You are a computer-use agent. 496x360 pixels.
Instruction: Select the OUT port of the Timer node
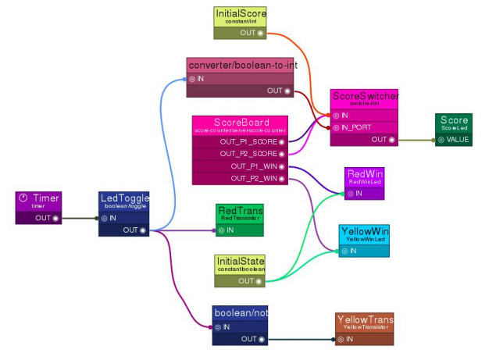tap(56, 218)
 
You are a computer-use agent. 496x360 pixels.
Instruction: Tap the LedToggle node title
tap(124, 198)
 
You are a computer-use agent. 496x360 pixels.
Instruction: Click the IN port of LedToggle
tap(104, 219)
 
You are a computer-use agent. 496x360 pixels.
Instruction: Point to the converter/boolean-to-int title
tap(242, 65)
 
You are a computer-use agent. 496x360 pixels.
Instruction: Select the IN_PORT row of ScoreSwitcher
tap(364, 127)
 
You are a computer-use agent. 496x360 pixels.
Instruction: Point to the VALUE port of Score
tap(441, 140)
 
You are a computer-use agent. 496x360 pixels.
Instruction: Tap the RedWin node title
tap(364, 173)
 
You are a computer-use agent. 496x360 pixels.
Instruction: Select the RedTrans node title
tap(240, 211)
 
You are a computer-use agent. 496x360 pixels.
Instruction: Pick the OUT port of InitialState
tap(259, 280)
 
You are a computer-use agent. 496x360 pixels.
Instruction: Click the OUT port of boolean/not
tap(261, 339)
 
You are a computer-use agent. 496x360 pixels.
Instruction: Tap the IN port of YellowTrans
tap(341, 339)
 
